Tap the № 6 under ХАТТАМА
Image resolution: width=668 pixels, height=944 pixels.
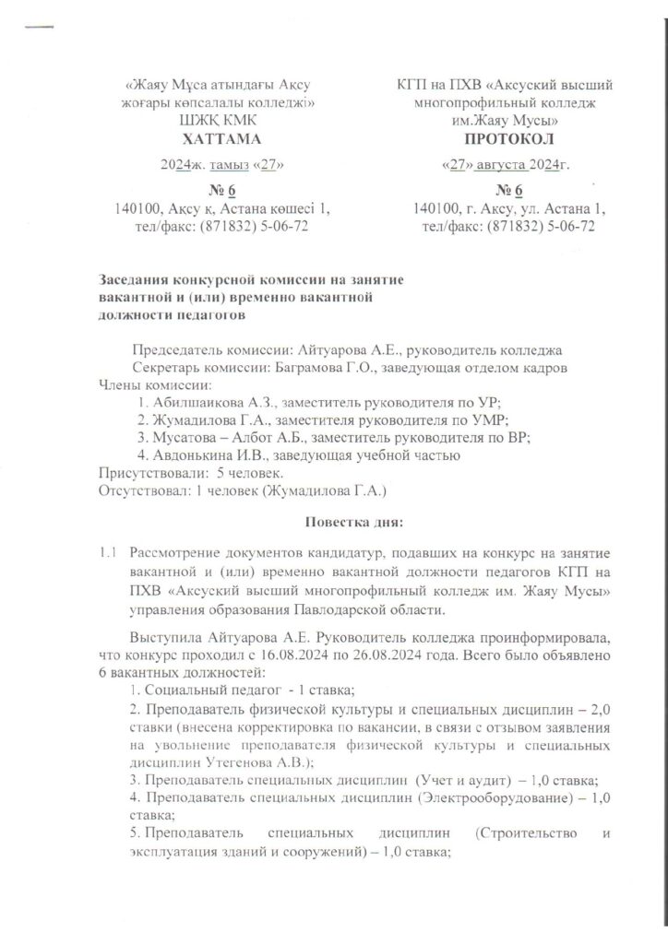click(x=221, y=191)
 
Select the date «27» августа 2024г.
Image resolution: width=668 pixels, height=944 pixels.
click(x=506, y=166)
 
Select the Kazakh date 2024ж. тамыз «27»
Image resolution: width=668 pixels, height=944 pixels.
click(x=221, y=166)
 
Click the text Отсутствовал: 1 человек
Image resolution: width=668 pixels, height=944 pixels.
click(x=175, y=489)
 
